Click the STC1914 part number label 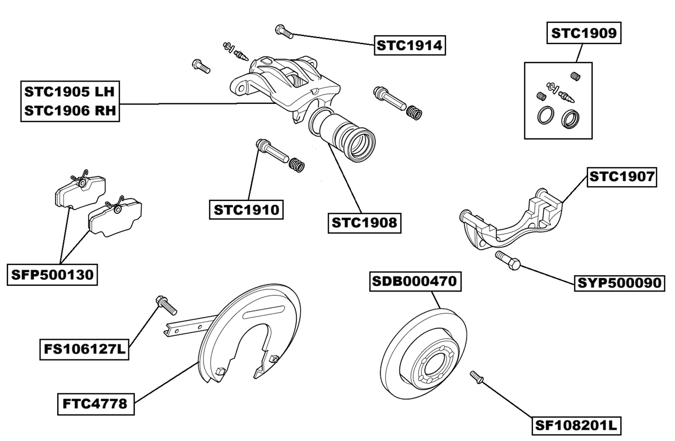(409, 46)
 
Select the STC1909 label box (583, 33)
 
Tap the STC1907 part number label (621, 177)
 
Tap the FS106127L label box (84, 350)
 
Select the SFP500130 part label (52, 275)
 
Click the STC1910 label (246, 209)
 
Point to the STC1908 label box (364, 223)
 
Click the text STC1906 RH (69, 111)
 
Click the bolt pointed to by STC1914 (284, 32)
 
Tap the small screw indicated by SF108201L (476, 377)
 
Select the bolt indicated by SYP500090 (509, 261)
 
